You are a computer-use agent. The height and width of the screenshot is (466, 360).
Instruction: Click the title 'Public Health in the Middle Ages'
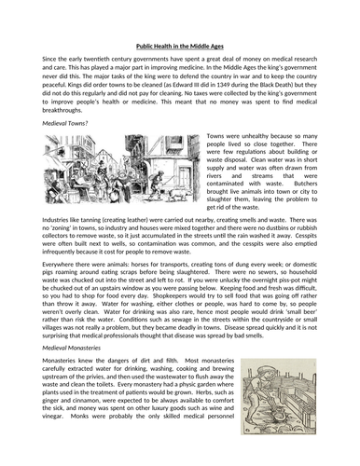(180, 44)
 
